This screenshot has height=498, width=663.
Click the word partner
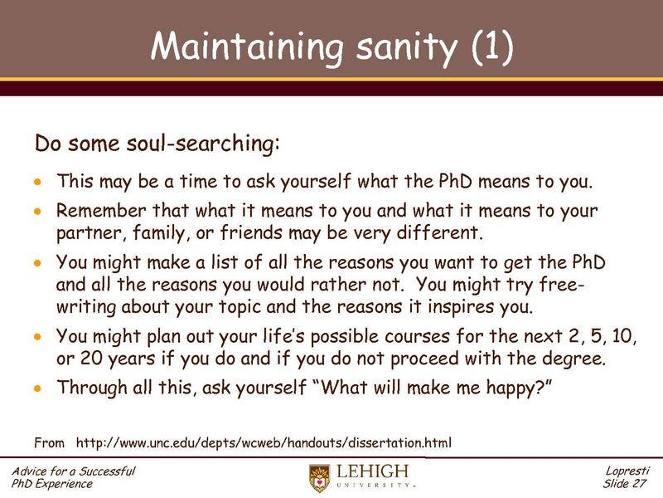[81, 230]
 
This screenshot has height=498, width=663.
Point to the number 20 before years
[85, 358]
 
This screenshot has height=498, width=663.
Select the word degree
[572, 358]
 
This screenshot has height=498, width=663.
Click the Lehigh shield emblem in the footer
[319, 478]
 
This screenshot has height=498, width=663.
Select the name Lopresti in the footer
[628, 471]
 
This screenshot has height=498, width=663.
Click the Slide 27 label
[628, 484]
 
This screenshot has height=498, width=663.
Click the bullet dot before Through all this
[36, 388]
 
